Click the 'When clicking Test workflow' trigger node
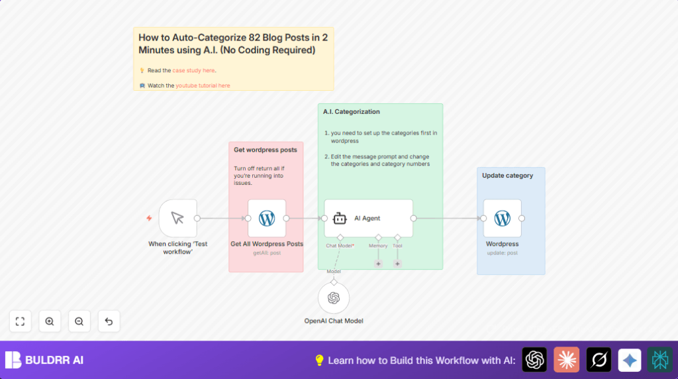[177, 218]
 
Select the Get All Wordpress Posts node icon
[267, 218]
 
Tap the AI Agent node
[368, 218]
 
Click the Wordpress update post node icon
[503, 218]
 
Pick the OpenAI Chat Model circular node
[334, 298]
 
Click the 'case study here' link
[193, 70]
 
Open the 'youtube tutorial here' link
[203, 85]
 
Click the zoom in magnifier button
[50, 321]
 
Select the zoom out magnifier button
[79, 321]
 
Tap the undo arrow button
[109, 321]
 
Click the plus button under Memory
[379, 264]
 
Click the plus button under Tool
[397, 264]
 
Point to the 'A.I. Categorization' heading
[352, 112]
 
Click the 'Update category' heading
[507, 176]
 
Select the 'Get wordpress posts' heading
[266, 150]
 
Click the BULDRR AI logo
[44, 360]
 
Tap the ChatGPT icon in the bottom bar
[534, 360]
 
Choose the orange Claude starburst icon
[566, 360]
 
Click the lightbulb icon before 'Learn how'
[319, 360]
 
